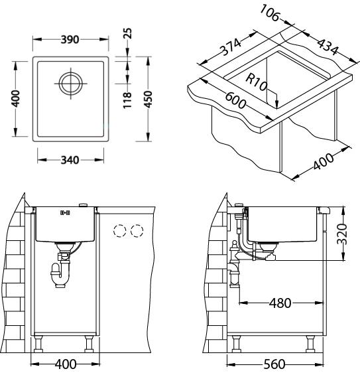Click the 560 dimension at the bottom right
pos(274,364)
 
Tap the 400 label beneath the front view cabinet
pos(66,364)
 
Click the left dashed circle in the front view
pos(120,232)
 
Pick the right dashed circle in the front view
pos(137,232)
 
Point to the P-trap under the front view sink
pos(59,273)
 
